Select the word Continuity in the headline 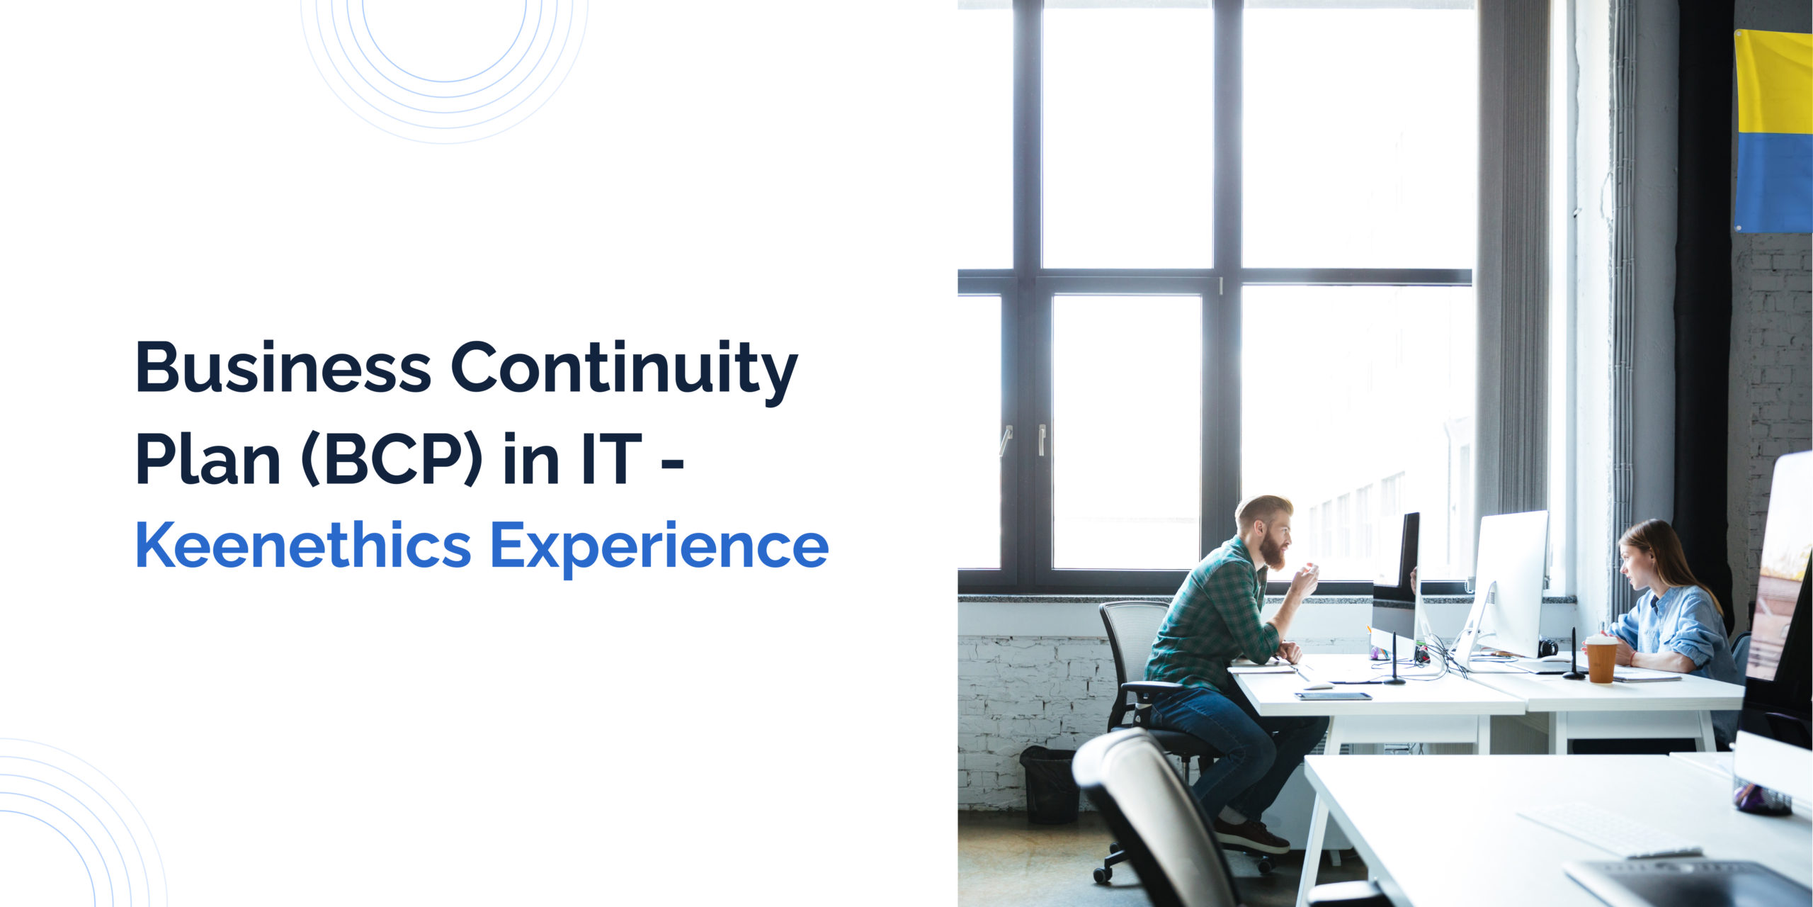point(624,372)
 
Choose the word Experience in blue point(659,549)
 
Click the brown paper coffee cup point(1601,659)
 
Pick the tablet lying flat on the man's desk point(1334,696)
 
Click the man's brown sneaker point(1252,836)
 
